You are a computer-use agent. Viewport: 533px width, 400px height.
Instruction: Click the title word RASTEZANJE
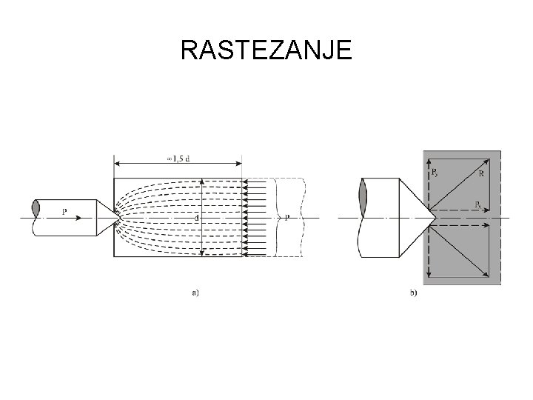click(x=266, y=50)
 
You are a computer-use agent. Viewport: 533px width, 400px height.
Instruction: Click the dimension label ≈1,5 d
click(x=178, y=157)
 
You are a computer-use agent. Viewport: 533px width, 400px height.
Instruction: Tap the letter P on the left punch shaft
click(x=65, y=213)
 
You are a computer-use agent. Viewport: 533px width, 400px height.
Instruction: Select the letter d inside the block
click(x=196, y=218)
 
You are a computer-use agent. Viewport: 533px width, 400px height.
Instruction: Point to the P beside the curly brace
click(x=287, y=218)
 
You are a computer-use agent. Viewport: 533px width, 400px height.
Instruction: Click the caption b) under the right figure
click(x=413, y=293)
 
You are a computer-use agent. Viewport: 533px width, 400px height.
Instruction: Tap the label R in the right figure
click(x=481, y=174)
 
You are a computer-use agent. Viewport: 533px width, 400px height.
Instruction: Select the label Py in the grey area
click(x=435, y=172)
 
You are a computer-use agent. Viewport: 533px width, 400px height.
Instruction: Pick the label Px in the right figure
click(x=478, y=204)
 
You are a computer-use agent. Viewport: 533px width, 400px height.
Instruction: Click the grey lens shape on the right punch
click(x=362, y=200)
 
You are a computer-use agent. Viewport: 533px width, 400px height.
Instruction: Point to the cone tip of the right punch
click(x=433, y=218)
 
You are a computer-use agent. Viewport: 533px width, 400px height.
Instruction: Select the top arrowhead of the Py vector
click(x=430, y=161)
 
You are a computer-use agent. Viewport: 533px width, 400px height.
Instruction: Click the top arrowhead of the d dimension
click(x=201, y=181)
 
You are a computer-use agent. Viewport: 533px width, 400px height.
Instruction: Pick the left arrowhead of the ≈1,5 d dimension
click(x=116, y=163)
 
